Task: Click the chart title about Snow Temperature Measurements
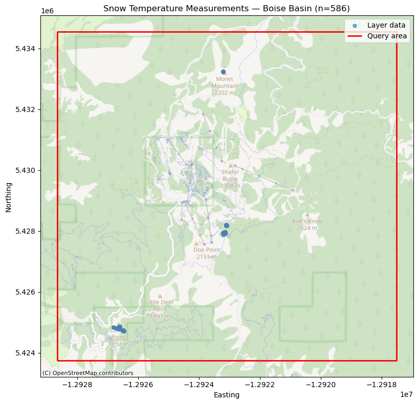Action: [226, 8]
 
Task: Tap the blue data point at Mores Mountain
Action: [223, 72]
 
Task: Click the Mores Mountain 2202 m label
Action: [225, 86]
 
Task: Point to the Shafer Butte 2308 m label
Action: [230, 178]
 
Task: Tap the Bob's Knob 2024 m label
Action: [307, 225]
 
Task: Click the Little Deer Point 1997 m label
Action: [160, 309]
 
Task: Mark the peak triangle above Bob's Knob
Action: [307, 215]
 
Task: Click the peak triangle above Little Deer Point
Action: [160, 296]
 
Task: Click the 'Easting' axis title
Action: [227, 395]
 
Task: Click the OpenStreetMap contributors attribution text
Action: [87, 373]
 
